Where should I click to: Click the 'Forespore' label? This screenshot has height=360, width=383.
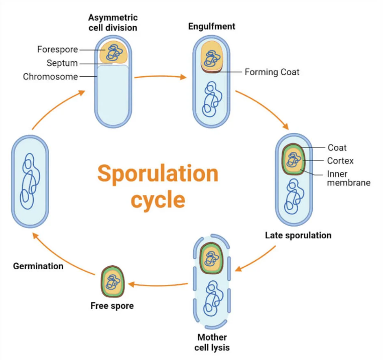(57, 50)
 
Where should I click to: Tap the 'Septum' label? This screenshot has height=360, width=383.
(62, 63)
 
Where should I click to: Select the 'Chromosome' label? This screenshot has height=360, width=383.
(50, 77)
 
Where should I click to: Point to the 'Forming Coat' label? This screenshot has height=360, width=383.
(272, 72)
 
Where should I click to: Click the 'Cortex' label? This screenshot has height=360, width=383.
(340, 161)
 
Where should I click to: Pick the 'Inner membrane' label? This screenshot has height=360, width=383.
(348, 178)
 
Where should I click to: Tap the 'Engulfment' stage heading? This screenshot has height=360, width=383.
(212, 26)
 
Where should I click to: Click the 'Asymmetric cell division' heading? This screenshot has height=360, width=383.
(113, 22)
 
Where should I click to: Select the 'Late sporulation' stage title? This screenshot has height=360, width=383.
(298, 235)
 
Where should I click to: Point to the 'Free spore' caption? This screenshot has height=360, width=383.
(112, 305)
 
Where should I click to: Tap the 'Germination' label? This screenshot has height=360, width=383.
(38, 266)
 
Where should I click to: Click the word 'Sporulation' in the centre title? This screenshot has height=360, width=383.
(158, 174)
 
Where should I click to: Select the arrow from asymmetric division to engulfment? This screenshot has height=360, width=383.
(161, 77)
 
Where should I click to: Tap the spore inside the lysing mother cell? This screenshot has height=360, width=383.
(211, 258)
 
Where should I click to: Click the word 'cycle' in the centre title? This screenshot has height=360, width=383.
(158, 200)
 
